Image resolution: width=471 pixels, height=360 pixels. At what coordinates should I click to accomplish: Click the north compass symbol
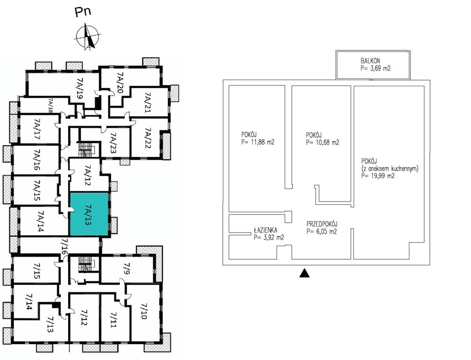click(88, 37)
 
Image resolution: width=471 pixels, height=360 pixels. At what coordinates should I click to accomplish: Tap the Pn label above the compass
click(83, 12)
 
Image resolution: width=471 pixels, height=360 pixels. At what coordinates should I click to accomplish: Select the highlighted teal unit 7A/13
click(89, 214)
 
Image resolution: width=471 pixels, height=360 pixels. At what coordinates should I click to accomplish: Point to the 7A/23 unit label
click(113, 143)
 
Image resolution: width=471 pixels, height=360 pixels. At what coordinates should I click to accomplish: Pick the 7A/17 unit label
click(37, 129)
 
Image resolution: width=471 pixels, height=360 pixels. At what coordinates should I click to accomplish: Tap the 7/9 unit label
click(127, 267)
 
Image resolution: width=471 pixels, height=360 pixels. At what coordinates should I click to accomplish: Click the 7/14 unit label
click(29, 301)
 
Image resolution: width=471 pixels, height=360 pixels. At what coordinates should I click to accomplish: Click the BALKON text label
click(370, 61)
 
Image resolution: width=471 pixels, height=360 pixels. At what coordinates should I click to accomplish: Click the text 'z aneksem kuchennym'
click(390, 168)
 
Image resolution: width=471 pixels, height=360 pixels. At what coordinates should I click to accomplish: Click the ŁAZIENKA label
click(265, 230)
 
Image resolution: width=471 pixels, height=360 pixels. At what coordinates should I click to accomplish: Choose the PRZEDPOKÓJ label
click(322, 224)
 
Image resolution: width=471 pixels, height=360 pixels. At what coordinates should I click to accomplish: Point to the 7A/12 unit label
click(88, 175)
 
